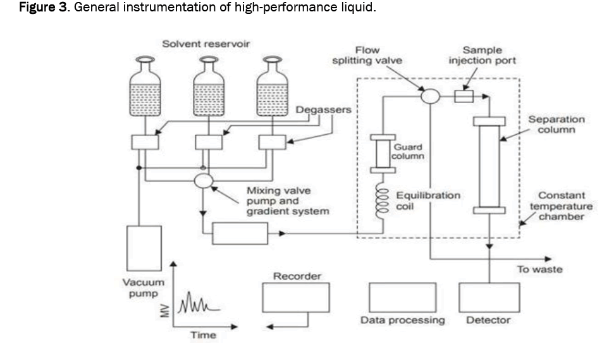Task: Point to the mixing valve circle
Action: (204, 180)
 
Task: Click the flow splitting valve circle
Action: (430, 96)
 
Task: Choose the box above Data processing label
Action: (402, 297)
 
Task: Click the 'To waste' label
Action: (539, 270)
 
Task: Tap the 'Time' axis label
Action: (204, 335)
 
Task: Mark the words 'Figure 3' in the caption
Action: (31, 8)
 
